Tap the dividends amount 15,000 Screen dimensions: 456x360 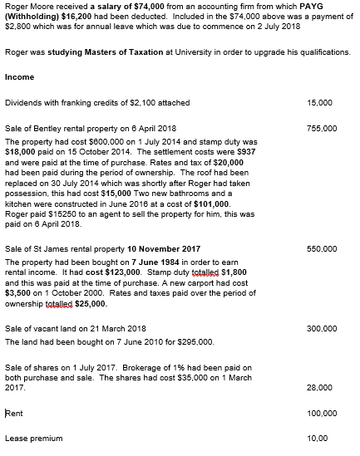(320, 103)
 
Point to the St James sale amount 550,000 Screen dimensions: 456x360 (322, 248)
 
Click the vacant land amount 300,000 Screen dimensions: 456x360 (322, 329)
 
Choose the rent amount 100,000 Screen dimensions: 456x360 (322, 413)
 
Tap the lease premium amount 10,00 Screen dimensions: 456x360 (318, 439)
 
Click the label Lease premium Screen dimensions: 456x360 (33, 439)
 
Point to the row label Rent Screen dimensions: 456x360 (13, 413)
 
